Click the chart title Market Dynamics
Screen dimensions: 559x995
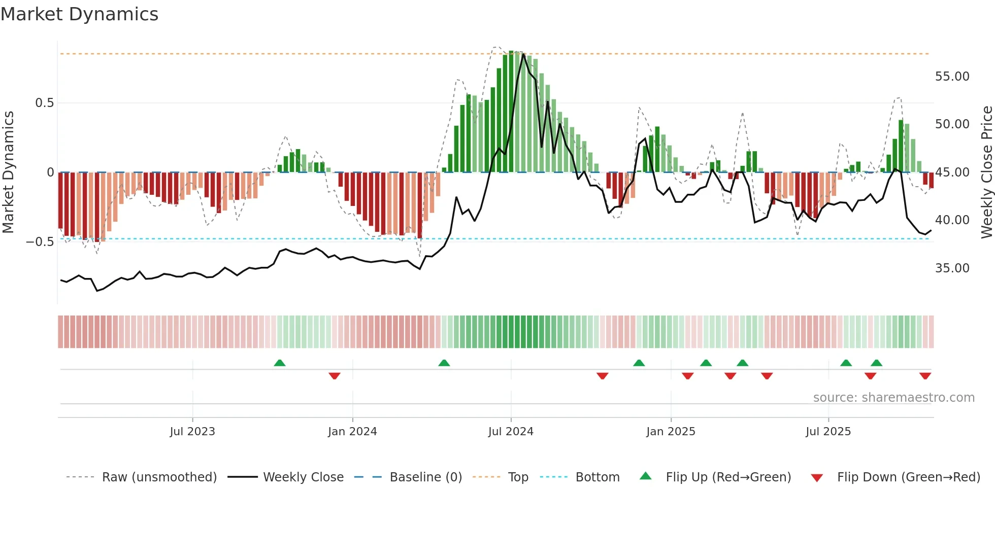[79, 14]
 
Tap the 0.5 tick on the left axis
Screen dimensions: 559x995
[44, 103]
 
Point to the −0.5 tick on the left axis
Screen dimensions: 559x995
[40, 242]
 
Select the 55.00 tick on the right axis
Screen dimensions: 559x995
[952, 77]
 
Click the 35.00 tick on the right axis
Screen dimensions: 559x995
[952, 268]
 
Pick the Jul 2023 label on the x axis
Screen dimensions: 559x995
[192, 432]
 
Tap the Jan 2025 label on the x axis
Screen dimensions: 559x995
[671, 432]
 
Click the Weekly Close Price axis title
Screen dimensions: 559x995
[986, 172]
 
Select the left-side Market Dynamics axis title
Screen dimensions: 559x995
[8, 172]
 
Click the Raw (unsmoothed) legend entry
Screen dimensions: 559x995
[159, 477]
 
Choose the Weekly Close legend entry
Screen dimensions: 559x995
[303, 477]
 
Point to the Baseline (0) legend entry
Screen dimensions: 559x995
[425, 477]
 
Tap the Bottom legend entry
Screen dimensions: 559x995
[597, 477]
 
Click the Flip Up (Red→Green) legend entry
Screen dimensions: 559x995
[728, 477]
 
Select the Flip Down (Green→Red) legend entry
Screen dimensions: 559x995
[908, 477]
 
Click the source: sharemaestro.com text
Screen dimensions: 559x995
[893, 398]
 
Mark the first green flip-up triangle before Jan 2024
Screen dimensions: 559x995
[279, 363]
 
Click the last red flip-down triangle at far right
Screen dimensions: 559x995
[925, 376]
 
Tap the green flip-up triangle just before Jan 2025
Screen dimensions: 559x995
[639, 363]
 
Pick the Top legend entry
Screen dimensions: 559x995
[518, 477]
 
